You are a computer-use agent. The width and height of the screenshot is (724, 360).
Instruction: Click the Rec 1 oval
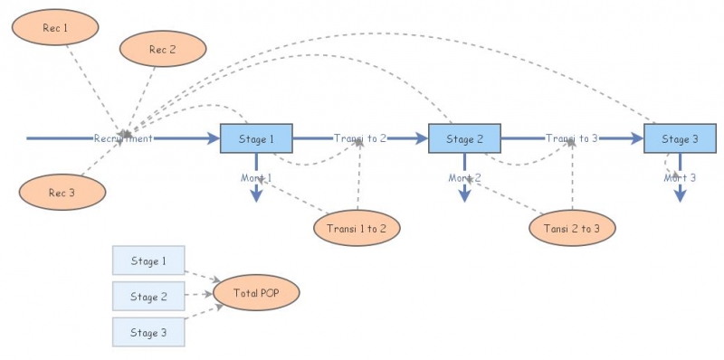(55, 28)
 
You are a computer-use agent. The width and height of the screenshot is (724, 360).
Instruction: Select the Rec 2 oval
(163, 49)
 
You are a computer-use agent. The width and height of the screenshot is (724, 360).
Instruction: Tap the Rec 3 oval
(62, 192)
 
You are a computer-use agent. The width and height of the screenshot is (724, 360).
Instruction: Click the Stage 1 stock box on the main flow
(256, 138)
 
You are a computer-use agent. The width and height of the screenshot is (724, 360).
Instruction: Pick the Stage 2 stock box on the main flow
(464, 138)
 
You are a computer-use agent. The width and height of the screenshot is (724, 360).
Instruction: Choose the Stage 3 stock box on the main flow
(680, 138)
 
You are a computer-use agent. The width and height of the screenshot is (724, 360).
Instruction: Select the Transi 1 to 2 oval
(357, 228)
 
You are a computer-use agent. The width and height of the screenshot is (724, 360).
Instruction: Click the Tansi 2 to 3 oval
(572, 228)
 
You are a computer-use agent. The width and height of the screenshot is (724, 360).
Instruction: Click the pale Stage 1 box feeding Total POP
(148, 261)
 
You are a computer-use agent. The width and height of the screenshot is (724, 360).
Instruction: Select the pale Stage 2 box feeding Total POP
(148, 296)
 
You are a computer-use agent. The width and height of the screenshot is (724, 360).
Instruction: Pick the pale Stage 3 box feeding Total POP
(148, 332)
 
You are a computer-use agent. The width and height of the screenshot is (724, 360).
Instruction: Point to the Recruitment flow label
(123, 138)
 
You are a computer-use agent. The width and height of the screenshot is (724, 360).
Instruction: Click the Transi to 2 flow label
(360, 138)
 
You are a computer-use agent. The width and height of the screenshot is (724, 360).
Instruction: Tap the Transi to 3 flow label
(572, 138)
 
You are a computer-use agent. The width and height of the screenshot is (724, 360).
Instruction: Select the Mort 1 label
(256, 178)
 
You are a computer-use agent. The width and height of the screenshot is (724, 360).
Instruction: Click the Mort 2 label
(464, 178)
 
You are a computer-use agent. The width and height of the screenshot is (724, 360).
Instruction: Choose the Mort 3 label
(680, 178)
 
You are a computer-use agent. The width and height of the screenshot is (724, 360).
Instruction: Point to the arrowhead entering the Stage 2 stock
(420, 138)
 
